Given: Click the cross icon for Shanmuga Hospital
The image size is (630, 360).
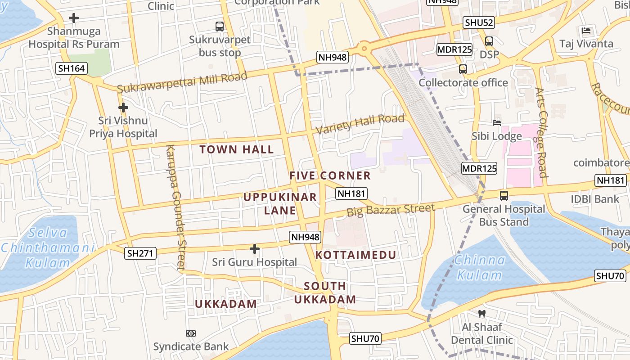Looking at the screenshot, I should (74, 18).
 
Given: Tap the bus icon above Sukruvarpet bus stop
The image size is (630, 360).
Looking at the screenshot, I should (220, 27).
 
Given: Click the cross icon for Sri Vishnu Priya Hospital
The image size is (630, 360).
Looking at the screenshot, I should (123, 108).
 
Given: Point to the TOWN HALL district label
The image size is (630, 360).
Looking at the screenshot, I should (237, 149).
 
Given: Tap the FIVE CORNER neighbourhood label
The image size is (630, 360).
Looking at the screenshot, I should (330, 175).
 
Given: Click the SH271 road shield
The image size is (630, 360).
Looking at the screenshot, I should (140, 253).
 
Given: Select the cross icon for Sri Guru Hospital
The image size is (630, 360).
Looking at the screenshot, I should (255, 248).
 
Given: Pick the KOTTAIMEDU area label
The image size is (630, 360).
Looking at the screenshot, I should (355, 255).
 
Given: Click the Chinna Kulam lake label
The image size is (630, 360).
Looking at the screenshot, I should (480, 267).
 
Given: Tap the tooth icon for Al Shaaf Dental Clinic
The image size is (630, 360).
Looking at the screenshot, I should (481, 314).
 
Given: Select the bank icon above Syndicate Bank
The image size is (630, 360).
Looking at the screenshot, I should (191, 333).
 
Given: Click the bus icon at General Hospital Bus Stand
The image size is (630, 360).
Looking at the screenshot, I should (504, 196).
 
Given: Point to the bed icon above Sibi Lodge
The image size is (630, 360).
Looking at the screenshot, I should (497, 122).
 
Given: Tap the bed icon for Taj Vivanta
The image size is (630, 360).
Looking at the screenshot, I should (586, 31).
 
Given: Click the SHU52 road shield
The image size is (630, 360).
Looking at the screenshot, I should (479, 22).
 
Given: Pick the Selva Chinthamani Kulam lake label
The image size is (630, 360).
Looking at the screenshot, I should (47, 247).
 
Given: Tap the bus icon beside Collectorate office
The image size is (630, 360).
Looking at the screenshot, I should (463, 69).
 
